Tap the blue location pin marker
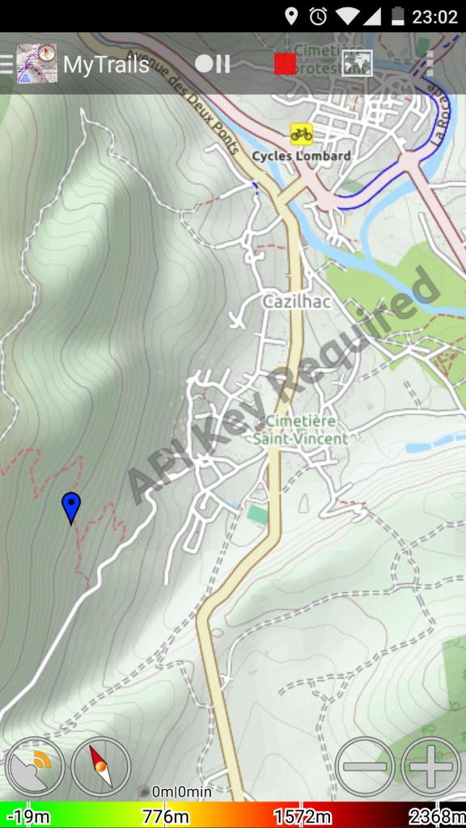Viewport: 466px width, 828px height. (x=71, y=507)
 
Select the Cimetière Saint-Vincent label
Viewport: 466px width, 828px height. (x=300, y=430)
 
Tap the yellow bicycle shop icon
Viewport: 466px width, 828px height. (x=302, y=133)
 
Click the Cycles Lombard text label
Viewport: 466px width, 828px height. (x=301, y=155)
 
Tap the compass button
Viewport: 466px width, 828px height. (x=100, y=767)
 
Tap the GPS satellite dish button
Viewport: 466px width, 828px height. (x=35, y=767)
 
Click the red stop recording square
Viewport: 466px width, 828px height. (x=285, y=64)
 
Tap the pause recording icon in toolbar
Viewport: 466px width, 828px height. (x=213, y=64)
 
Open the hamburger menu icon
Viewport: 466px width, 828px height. (x=6, y=64)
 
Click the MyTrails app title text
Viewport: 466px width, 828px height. (x=106, y=64)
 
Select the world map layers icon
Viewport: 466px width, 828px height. (x=357, y=63)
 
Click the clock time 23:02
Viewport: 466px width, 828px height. (x=436, y=16)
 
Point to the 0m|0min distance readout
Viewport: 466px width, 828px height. (x=181, y=792)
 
